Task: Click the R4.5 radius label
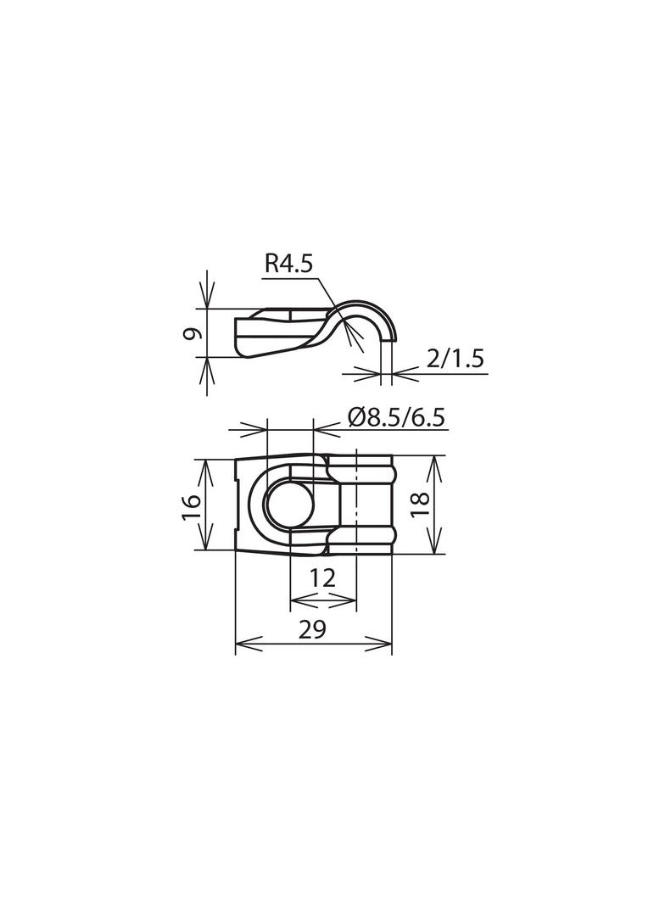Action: (x=288, y=265)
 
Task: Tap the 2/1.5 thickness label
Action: (x=455, y=360)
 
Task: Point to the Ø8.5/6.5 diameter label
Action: (x=397, y=417)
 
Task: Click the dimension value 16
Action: (x=193, y=506)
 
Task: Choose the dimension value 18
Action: (x=421, y=505)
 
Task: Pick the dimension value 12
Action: (x=322, y=578)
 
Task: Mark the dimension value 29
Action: (x=313, y=629)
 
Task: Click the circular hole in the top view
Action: (x=289, y=505)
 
